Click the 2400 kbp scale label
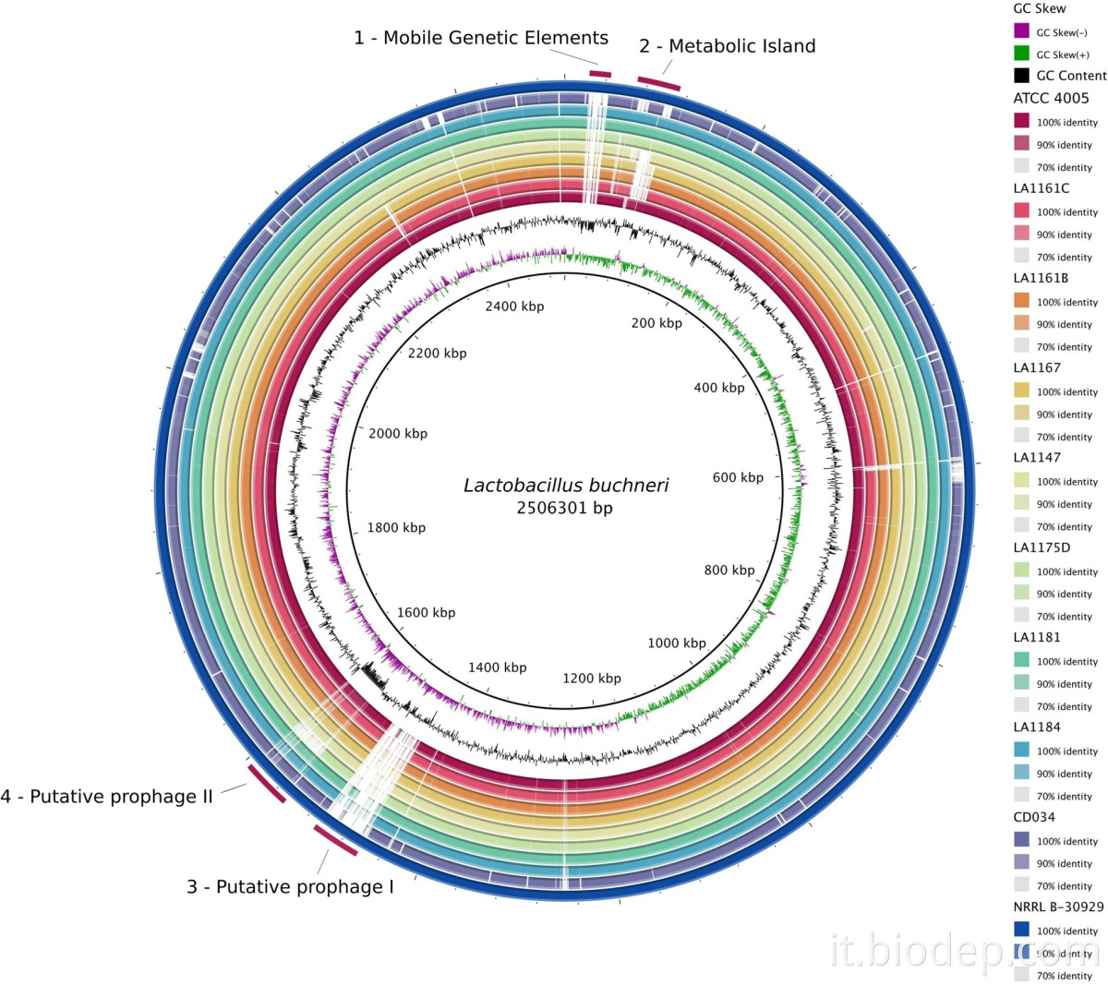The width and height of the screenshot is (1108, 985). pos(514,306)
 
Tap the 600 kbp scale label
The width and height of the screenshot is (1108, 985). pos(738,477)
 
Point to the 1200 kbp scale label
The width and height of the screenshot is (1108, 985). pos(591,679)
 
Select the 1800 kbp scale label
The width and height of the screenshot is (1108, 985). pos(396,528)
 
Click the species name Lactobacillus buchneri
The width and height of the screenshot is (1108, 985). pos(566,486)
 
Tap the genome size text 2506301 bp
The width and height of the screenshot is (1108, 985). pos(564,508)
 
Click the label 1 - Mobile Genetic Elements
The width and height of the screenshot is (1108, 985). pos(481,39)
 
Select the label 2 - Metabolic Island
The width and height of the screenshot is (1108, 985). pos(728,46)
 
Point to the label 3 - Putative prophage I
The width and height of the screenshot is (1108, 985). pos(290,887)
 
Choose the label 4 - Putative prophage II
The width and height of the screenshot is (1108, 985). pos(107,797)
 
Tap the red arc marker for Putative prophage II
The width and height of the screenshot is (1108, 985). pos(267,783)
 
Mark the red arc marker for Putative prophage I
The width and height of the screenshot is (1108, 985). pos(335,840)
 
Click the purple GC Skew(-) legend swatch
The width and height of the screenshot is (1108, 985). pos(1021,31)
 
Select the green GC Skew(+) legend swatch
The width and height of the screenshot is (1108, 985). pos(1021,54)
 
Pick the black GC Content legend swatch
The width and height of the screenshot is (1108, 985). pos(1021,76)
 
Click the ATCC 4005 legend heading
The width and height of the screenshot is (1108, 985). pos(1051,98)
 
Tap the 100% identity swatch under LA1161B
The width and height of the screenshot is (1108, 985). pos(1021,302)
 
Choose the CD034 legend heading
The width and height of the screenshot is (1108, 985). pos(1034,817)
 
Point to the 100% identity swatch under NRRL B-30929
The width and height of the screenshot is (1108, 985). pos(1021,930)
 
